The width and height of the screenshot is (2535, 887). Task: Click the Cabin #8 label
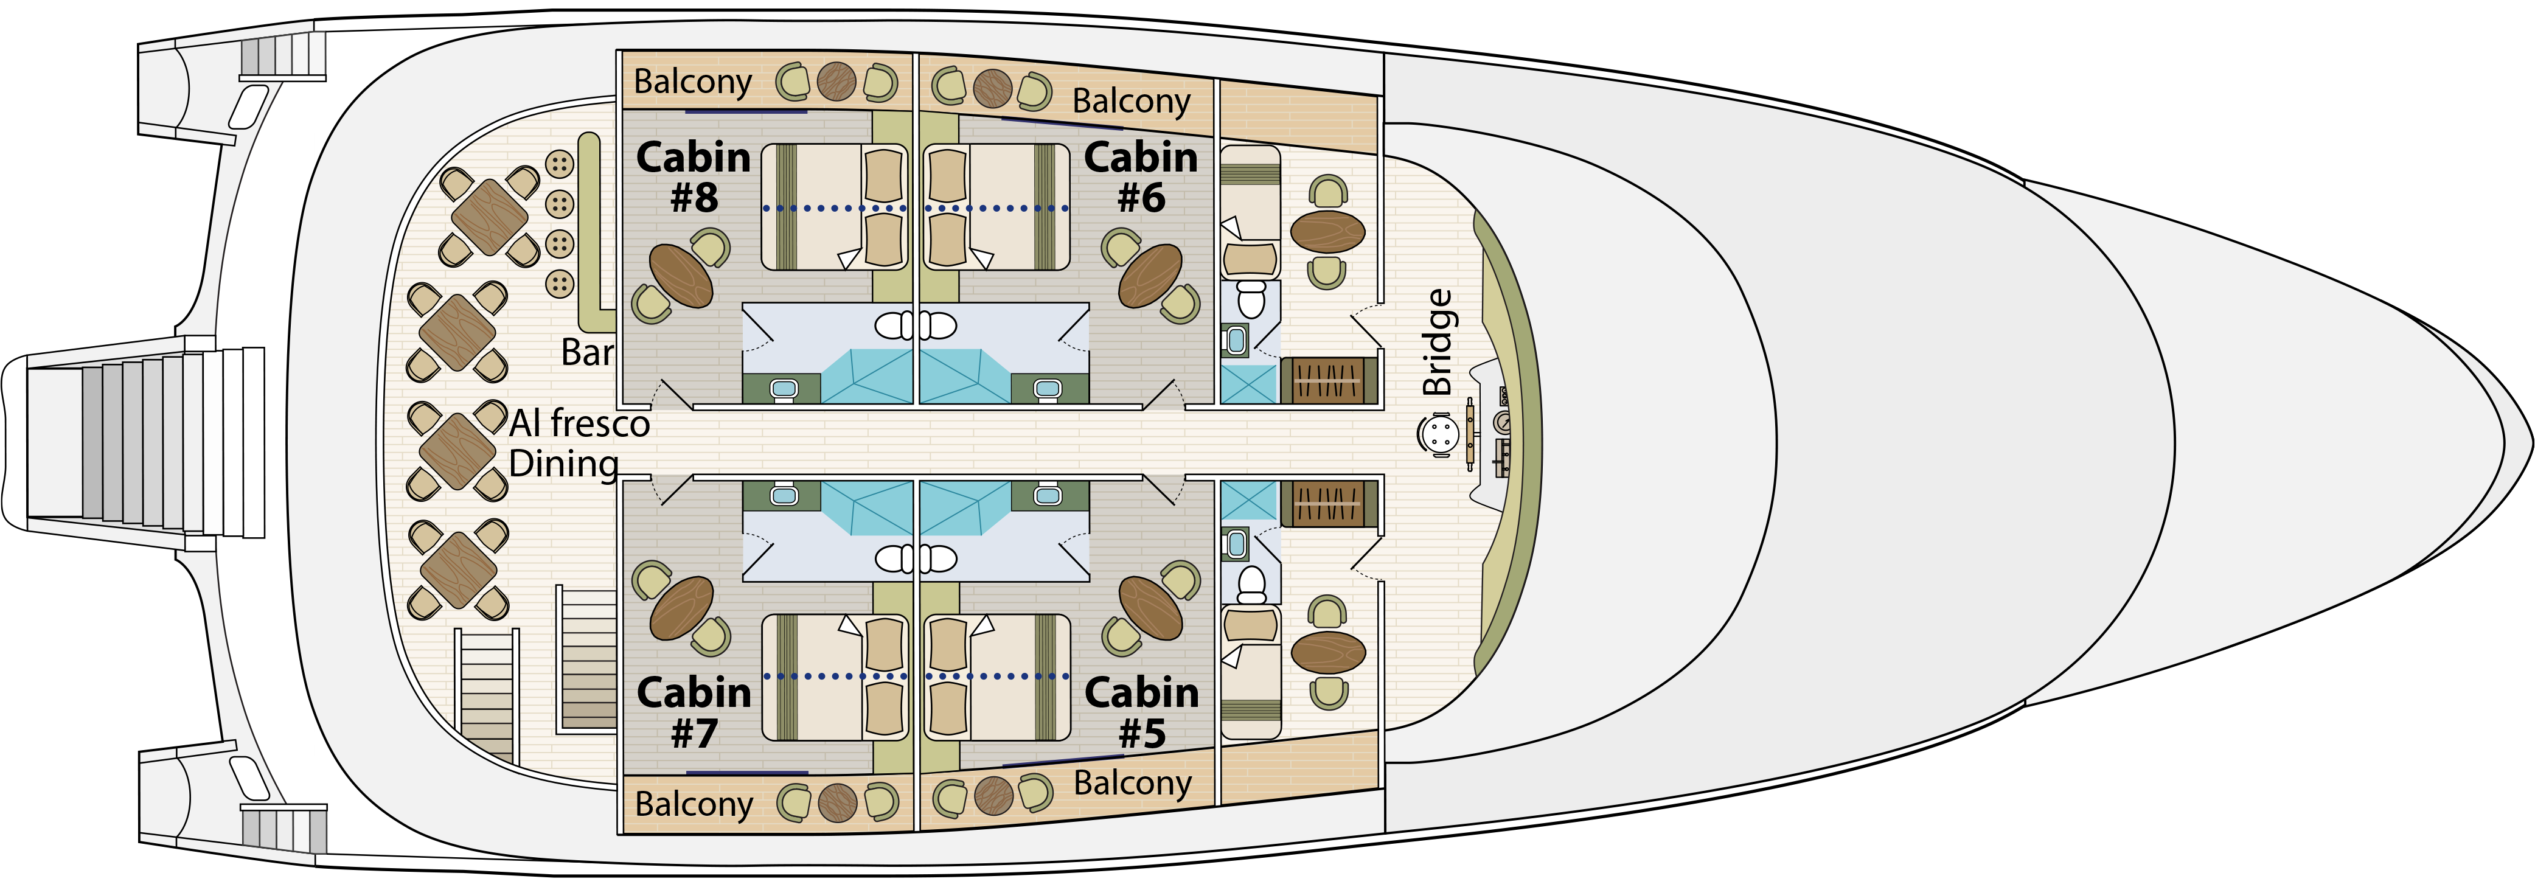(693, 177)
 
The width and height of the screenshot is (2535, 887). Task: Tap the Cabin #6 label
(1141, 177)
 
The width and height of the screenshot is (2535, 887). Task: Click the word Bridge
(1438, 342)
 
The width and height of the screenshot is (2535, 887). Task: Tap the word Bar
(586, 352)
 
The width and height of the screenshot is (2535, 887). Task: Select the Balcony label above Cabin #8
(693, 82)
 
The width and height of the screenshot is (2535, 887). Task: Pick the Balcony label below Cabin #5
(1132, 784)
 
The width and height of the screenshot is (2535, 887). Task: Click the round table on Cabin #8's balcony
(836, 82)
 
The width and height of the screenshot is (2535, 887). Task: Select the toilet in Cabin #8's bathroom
(894, 326)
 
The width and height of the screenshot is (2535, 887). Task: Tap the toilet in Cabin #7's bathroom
(894, 559)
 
